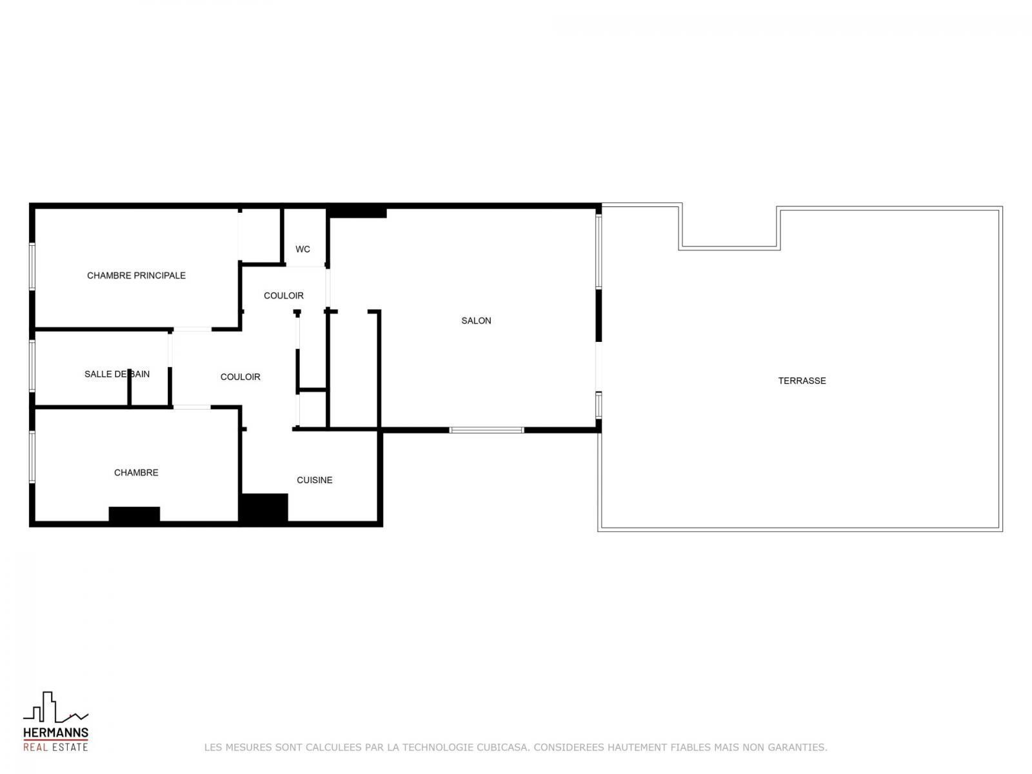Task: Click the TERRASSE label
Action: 802,381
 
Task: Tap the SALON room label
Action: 476,321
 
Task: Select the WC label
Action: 303,249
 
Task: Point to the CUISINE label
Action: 315,480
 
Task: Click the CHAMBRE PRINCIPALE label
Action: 136,275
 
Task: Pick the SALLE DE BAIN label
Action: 117,374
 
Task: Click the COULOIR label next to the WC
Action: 284,295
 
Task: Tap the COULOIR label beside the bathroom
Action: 240,377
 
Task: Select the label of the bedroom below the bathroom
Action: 136,473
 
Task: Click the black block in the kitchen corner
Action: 263,508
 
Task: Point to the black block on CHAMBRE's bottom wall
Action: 134,514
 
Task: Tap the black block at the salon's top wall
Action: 357,212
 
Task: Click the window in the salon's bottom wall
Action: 486,430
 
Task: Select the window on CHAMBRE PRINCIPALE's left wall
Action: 32,266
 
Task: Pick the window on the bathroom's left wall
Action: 32,366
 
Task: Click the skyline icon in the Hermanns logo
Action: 55,707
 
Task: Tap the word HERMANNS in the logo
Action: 55,733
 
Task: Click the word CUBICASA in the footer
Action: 502,747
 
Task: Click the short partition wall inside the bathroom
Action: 129,387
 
